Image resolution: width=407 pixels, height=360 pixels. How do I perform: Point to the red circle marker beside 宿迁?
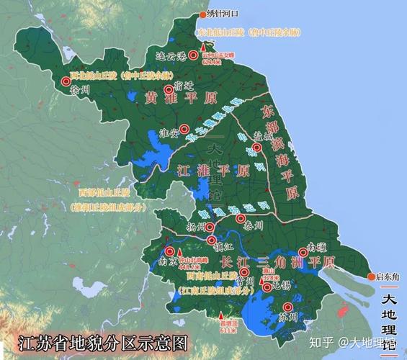169,90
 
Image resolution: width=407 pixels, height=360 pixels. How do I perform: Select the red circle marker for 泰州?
241,218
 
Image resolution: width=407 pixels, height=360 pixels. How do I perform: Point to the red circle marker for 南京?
170,251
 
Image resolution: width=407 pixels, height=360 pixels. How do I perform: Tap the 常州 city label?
244,282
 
